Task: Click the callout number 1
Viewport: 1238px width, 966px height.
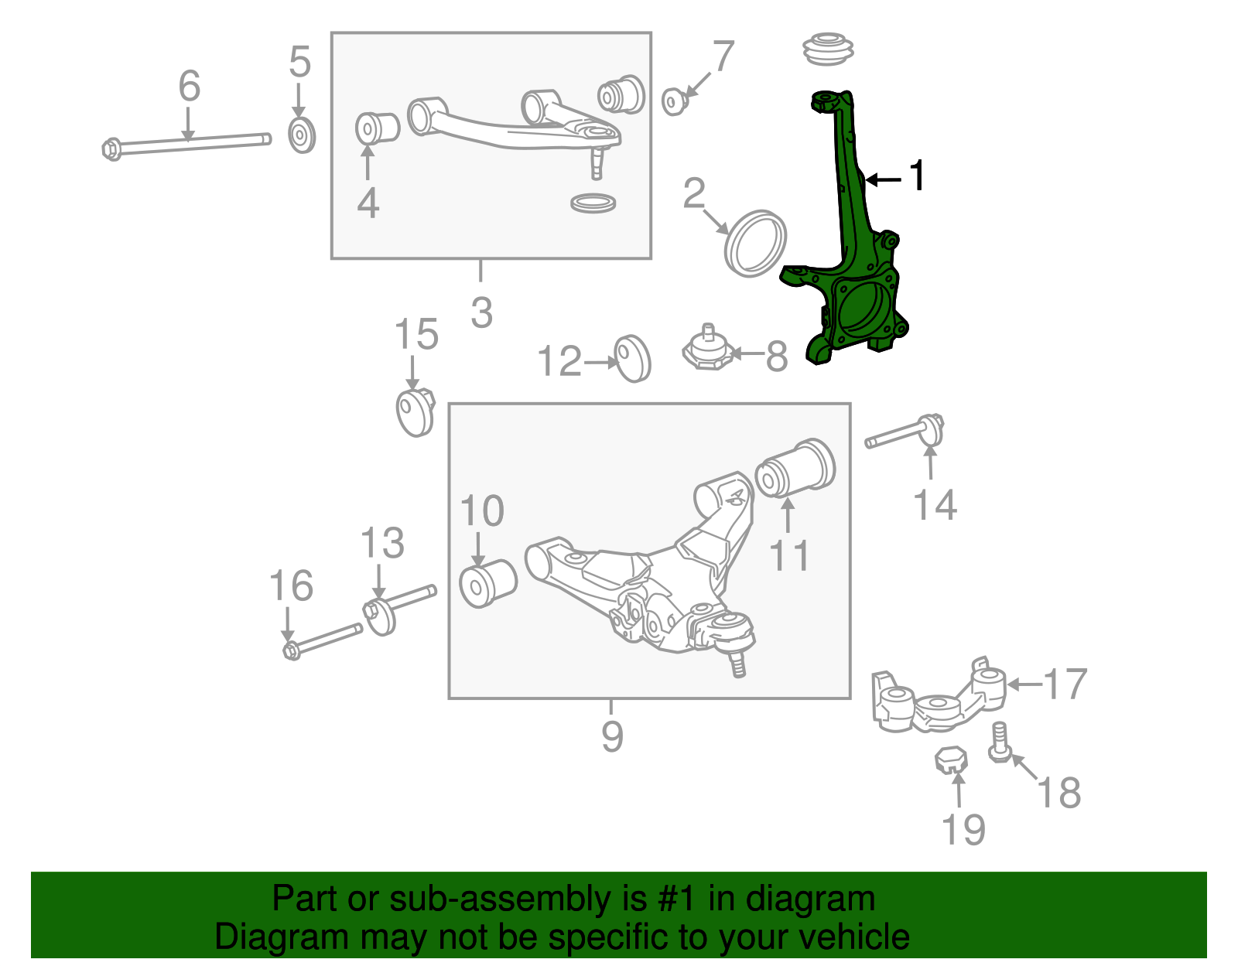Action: [917, 176]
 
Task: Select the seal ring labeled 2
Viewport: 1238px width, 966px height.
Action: [755, 243]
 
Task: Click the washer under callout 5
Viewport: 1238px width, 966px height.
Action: [301, 135]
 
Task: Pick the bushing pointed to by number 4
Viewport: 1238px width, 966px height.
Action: [376, 128]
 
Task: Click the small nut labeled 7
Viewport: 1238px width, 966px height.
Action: [675, 101]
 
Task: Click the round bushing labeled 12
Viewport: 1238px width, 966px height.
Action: [633, 358]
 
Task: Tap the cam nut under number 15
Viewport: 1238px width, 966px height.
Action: [415, 411]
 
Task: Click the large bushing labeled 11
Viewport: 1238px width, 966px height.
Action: [795, 468]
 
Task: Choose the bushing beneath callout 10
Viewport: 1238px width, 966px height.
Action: [487, 584]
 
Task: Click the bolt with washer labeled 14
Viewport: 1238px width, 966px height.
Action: [905, 434]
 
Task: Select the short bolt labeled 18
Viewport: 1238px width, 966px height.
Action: [999, 742]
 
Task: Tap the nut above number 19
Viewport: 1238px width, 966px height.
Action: [952, 759]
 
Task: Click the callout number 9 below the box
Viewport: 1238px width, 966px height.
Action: [611, 736]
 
